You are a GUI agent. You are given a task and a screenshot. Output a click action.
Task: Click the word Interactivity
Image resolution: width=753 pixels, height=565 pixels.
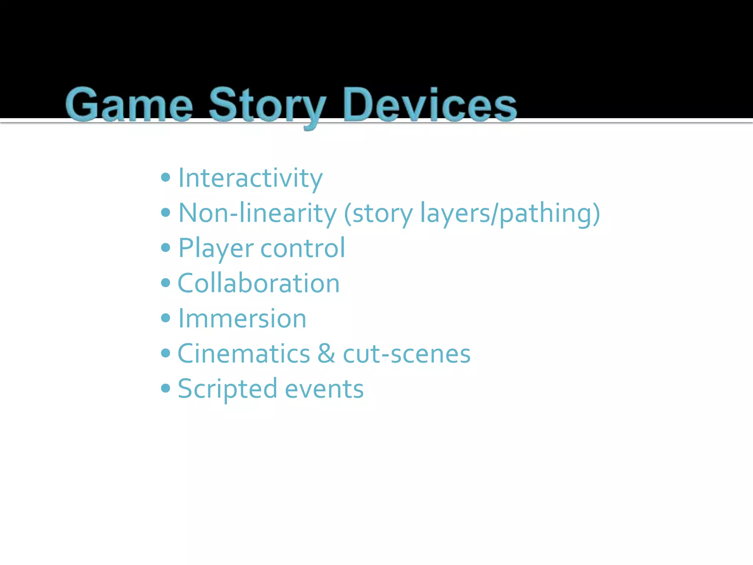pyautogui.click(x=250, y=178)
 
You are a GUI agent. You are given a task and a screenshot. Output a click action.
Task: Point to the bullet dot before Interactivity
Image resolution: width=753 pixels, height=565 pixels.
pyautogui.click(x=166, y=178)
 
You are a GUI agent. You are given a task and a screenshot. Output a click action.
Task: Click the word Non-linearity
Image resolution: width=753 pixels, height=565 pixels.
pyautogui.click(x=257, y=213)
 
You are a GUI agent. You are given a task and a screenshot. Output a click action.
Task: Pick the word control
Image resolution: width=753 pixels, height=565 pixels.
pyautogui.click(x=303, y=248)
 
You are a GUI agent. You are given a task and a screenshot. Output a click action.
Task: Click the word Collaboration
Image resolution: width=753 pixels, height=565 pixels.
pyautogui.click(x=258, y=283)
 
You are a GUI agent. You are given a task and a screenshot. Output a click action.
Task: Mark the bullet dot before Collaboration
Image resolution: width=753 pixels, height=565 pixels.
pyautogui.click(x=166, y=283)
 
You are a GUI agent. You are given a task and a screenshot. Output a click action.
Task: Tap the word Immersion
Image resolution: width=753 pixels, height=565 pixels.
pyautogui.click(x=242, y=319)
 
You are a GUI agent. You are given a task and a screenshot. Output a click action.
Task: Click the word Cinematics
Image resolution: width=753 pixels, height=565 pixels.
pyautogui.click(x=244, y=353)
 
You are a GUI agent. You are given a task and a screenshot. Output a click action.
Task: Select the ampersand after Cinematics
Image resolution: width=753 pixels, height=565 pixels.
pyautogui.click(x=326, y=353)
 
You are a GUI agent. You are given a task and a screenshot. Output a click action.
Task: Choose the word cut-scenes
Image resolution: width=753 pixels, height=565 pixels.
pyautogui.click(x=406, y=353)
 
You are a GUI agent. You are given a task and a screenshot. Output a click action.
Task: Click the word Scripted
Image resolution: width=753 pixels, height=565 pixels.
pyautogui.click(x=228, y=389)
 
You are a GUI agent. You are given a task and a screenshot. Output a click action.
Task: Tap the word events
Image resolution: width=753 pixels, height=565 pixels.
pyautogui.click(x=324, y=389)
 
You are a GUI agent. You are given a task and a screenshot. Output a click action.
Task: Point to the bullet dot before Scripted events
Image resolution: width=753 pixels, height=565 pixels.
pyautogui.click(x=166, y=388)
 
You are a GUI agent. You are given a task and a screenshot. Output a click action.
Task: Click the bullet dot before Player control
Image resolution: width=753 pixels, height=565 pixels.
pyautogui.click(x=166, y=248)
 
